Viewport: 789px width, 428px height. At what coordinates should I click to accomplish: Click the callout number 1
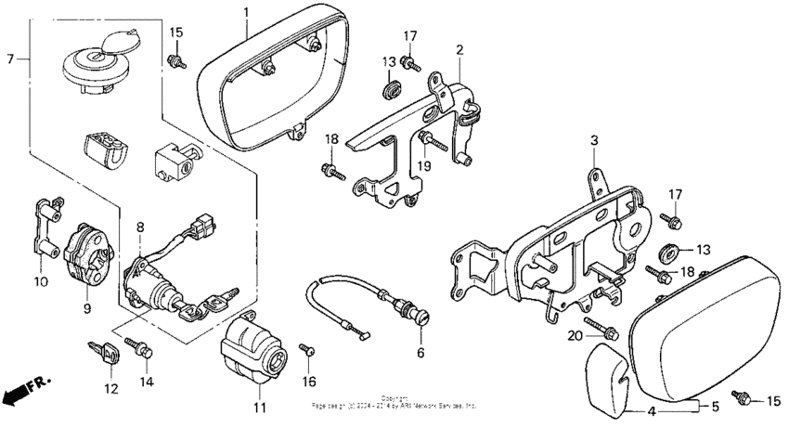coord(246,12)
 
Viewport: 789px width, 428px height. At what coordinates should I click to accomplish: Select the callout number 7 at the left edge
coord(9,58)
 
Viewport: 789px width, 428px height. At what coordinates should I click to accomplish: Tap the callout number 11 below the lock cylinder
coord(259,408)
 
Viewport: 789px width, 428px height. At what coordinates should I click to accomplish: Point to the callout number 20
coord(575,334)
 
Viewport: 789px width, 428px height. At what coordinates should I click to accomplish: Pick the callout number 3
coord(594,140)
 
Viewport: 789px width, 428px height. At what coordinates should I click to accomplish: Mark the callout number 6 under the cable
coord(420,353)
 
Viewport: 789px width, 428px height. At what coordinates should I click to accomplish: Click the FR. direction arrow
coord(26,391)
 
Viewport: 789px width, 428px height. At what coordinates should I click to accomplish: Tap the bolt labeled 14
coord(144,349)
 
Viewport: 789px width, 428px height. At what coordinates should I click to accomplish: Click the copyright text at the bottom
coord(394,401)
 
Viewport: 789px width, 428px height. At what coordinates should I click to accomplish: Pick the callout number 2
coord(459,47)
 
